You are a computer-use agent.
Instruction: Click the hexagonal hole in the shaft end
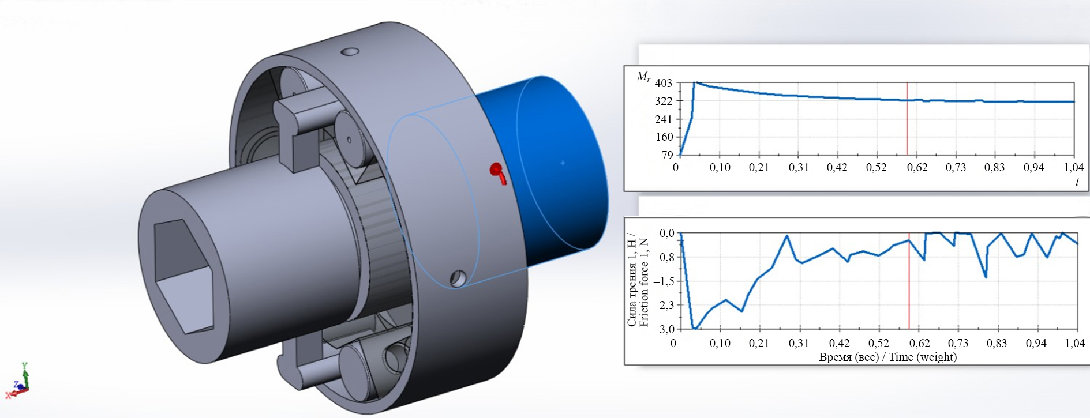[183, 276]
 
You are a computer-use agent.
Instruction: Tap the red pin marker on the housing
[497, 172]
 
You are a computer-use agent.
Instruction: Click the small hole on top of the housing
[350, 52]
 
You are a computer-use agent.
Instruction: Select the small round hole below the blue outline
[458, 278]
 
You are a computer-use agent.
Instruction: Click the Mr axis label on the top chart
[643, 77]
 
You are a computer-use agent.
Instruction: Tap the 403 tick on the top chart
[664, 83]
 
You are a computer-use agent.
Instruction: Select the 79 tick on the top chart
[667, 155]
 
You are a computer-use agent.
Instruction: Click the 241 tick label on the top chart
[664, 119]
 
